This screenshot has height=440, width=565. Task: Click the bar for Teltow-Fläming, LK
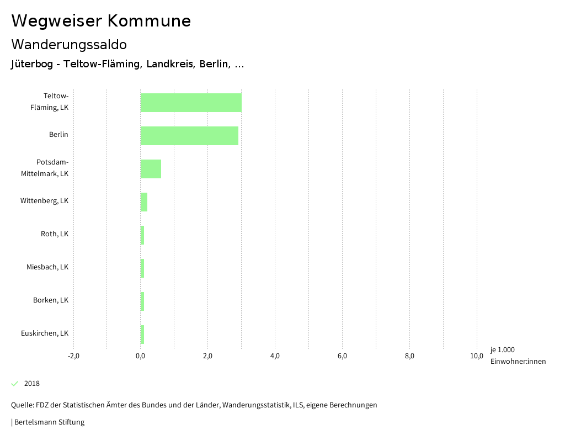click(191, 103)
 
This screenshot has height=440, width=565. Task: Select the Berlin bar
click(189, 136)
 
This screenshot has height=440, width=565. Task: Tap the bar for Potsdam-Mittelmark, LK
click(151, 169)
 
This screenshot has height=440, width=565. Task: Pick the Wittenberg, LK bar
click(144, 202)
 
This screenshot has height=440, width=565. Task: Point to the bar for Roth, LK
click(142, 235)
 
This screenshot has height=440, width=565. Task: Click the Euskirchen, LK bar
click(142, 335)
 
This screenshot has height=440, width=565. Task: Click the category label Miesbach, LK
click(47, 267)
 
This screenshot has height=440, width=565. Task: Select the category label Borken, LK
click(51, 300)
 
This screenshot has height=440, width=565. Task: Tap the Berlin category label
click(58, 135)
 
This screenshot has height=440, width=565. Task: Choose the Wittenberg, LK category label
click(44, 201)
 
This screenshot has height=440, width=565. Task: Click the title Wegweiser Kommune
click(101, 21)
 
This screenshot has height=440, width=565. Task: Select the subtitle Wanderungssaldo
click(69, 44)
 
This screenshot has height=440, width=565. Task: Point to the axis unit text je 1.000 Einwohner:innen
click(518, 356)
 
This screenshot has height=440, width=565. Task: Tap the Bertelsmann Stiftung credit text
click(49, 422)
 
